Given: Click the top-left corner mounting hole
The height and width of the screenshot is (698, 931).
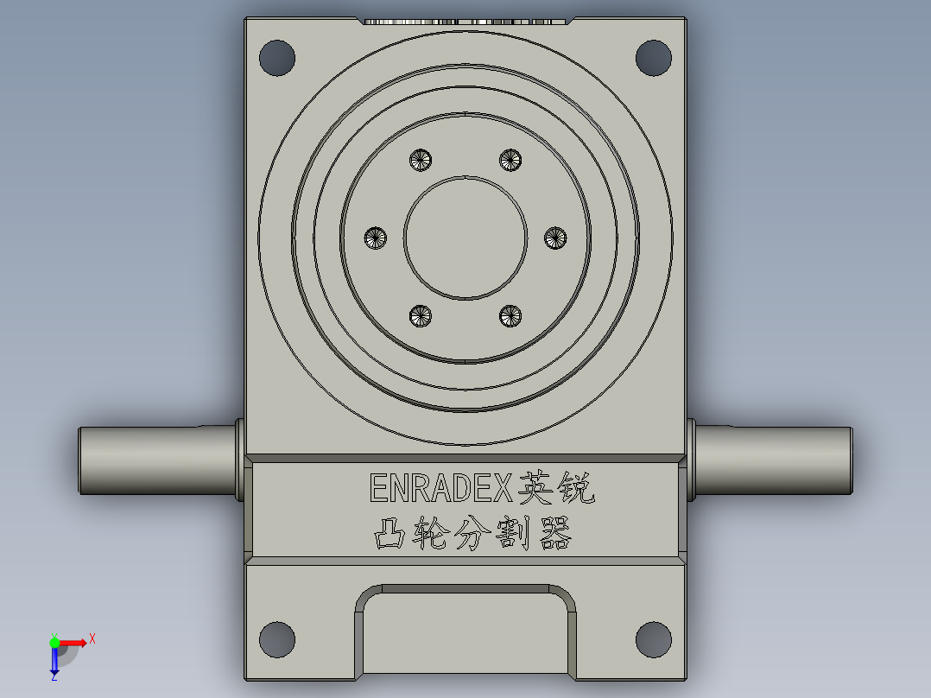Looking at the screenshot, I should coord(277,58).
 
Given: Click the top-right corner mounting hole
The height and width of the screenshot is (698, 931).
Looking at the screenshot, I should coord(654,58).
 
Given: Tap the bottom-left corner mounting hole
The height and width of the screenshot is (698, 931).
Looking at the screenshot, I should coord(277,639).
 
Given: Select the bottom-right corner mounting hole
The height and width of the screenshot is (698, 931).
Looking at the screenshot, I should coord(654,639).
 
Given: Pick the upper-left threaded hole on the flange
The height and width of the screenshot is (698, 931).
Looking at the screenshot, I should coord(421,159).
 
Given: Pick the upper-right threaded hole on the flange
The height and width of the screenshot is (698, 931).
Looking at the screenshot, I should coord(510,159).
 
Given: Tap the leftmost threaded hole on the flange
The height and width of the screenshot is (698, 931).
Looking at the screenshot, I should coord(376,238).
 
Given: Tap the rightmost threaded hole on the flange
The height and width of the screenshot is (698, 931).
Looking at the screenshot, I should coord(555,238).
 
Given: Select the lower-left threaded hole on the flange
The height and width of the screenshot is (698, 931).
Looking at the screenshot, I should coord(421,316).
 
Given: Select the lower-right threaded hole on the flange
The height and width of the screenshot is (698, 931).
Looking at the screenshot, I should coord(510,316).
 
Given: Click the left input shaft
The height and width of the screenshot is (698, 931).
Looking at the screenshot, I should coord(155,460).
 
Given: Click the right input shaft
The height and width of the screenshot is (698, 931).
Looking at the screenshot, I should coord(773,460).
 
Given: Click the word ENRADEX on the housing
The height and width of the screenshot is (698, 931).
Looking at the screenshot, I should coord(441,488).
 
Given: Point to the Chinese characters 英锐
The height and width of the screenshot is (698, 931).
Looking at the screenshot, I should coord(556,489).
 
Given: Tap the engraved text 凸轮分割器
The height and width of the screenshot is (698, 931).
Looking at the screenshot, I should coord(472,535).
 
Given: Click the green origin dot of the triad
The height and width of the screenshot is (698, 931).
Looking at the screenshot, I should coord(54,642).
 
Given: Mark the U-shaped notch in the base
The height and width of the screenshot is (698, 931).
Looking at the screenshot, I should coord(465,635).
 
